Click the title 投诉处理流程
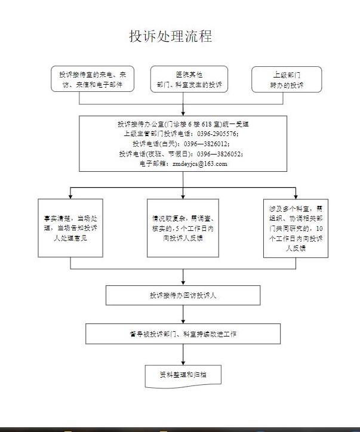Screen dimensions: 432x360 [x=170, y=36]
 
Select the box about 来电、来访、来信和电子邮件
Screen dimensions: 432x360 [x=92, y=79]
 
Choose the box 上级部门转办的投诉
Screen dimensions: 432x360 [x=286, y=79]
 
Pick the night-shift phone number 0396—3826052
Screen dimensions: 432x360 [x=216, y=153]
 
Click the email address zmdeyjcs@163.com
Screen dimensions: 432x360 [x=200, y=163]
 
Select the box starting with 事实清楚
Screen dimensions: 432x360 [x=70, y=227]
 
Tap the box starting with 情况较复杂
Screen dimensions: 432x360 [x=183, y=227]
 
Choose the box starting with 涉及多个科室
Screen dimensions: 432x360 [x=296, y=227]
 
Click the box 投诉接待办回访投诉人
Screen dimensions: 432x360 [x=183, y=295]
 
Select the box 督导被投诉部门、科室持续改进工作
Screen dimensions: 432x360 [x=183, y=334]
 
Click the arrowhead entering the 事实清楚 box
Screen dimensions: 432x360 [x=70, y=196]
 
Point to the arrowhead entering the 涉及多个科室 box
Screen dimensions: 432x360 [x=296, y=196]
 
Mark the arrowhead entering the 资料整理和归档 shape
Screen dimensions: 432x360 [x=183, y=360]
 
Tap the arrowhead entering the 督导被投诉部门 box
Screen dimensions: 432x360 [x=183, y=321]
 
